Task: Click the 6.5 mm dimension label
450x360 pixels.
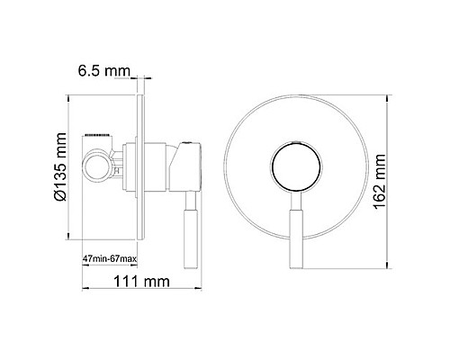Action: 101,70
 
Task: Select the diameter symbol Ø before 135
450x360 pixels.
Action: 60,193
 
